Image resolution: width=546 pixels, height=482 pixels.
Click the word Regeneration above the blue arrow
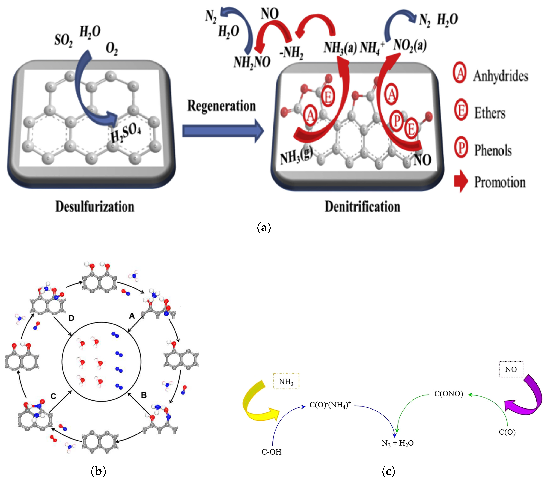click(x=221, y=106)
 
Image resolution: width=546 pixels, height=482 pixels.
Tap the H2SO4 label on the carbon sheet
click(x=126, y=134)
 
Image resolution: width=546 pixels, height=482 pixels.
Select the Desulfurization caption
click(x=95, y=207)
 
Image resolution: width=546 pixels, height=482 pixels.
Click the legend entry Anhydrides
click(x=501, y=76)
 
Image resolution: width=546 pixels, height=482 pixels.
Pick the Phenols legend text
click(x=493, y=150)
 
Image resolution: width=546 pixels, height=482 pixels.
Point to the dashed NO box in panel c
click(x=511, y=370)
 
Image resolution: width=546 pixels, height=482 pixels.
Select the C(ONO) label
click(x=449, y=394)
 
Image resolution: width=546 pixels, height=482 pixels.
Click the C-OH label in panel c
click(x=271, y=452)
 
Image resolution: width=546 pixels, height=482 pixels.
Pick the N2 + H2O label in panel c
click(x=397, y=443)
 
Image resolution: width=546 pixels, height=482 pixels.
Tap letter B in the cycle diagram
click(x=144, y=395)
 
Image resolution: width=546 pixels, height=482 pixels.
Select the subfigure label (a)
click(x=264, y=228)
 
